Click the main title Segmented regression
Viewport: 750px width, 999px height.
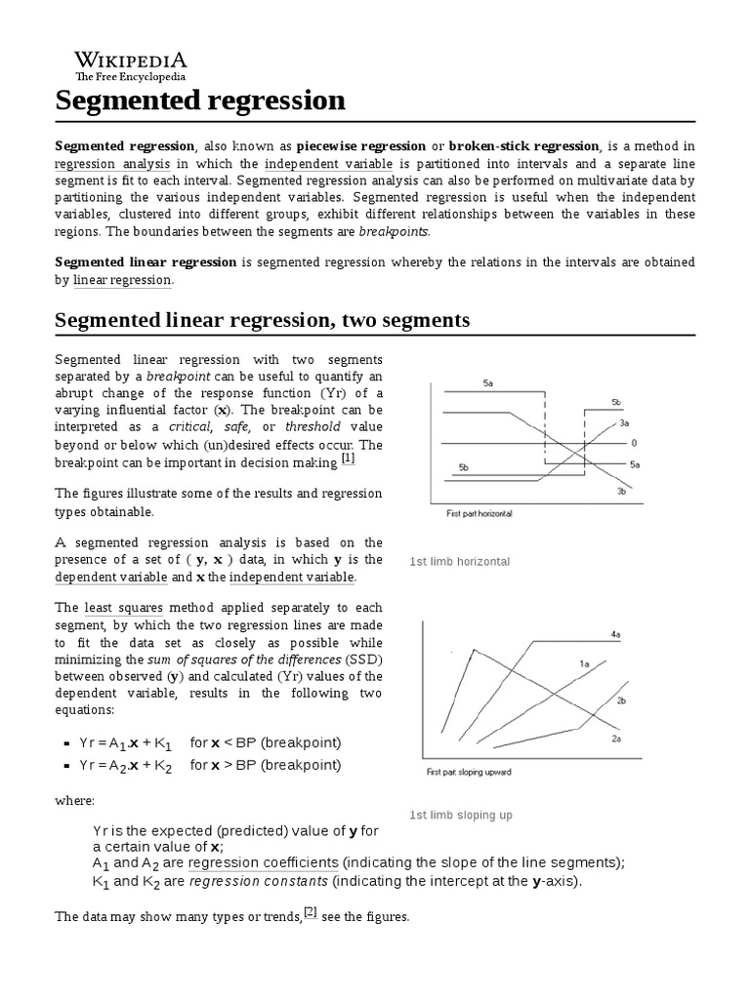(200, 100)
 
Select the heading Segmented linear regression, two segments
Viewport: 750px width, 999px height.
(263, 320)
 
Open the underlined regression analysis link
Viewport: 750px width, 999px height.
(112, 164)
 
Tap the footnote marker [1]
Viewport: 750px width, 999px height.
(349, 459)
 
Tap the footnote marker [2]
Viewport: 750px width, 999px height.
(311, 912)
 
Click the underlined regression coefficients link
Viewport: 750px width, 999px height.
(264, 863)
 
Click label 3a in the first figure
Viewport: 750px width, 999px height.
(624, 423)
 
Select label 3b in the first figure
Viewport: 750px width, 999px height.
(621, 492)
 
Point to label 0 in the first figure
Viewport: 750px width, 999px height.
(634, 443)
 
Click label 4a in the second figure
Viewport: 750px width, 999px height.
(616, 634)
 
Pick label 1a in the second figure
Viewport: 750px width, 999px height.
(585, 663)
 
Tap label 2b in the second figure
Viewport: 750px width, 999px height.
(621, 700)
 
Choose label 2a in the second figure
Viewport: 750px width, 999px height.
(616, 739)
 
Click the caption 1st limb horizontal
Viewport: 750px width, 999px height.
(459, 562)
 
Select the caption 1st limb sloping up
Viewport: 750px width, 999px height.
(460, 815)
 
